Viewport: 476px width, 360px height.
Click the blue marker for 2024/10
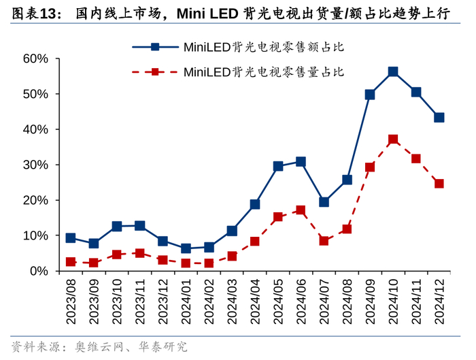(x=393, y=71)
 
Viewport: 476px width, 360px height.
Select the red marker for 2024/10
(x=393, y=140)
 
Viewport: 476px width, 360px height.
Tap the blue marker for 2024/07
(x=324, y=202)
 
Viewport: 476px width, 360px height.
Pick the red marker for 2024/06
(x=301, y=210)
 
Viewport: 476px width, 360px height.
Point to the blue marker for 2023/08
(x=71, y=238)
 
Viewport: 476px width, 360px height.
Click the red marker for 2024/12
(x=439, y=184)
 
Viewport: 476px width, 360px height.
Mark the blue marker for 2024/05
(x=278, y=166)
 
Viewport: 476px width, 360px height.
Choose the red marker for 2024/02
(x=209, y=263)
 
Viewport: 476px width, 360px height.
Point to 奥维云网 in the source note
(x=101, y=346)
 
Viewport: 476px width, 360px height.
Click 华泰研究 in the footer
(x=163, y=346)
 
